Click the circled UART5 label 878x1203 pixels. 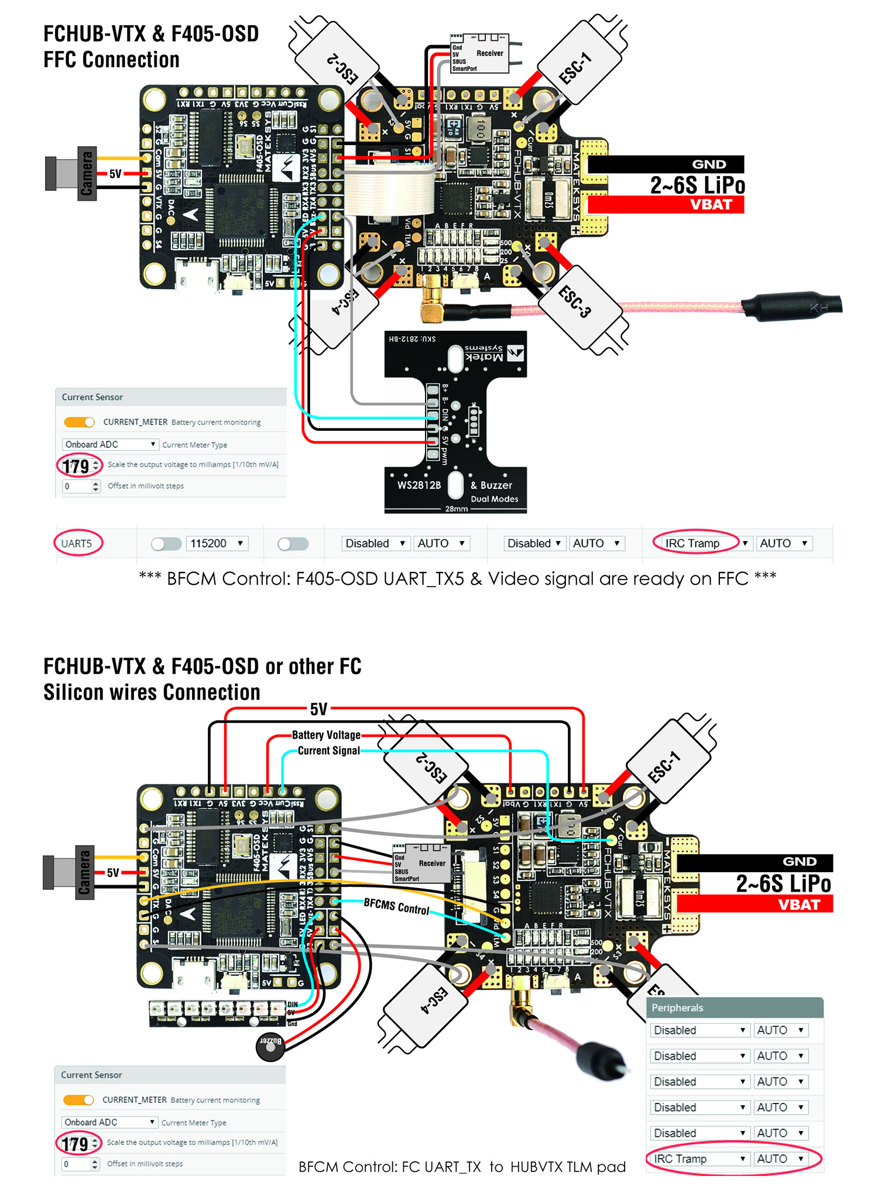pyautogui.click(x=77, y=543)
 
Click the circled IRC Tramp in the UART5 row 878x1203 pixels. pyautogui.click(x=692, y=543)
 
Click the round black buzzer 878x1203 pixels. pyautogui.click(x=270, y=1047)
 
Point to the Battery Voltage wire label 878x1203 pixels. pyautogui.click(x=326, y=735)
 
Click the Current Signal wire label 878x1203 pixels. pyautogui.click(x=329, y=750)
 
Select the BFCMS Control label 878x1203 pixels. pyautogui.click(x=397, y=906)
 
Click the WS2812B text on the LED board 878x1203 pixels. pyautogui.click(x=419, y=485)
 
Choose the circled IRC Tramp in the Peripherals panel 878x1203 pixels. pyautogui.click(x=681, y=1159)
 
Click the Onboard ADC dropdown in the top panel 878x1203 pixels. pyautogui.click(x=110, y=444)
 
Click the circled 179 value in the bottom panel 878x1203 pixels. pyautogui.click(x=76, y=1143)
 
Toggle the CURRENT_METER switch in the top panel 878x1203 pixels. pyautogui.click(x=79, y=422)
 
